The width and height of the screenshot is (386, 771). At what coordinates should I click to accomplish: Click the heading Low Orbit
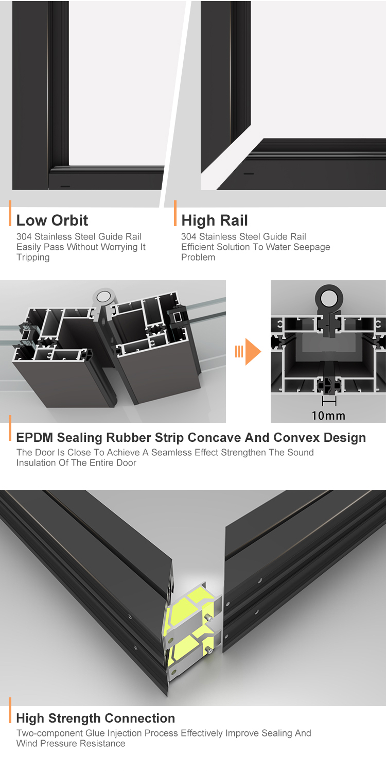pos(52,220)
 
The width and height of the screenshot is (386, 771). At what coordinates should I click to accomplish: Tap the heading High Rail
pos(214,220)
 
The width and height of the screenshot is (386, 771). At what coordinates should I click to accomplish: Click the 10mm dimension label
pos(328,416)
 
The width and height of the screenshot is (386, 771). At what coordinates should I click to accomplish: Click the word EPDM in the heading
pos(35,437)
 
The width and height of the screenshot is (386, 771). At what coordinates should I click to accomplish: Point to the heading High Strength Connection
pos(96,718)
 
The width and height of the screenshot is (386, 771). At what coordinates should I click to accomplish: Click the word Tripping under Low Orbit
pos(33,258)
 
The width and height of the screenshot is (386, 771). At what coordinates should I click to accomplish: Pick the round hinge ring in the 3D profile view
pos(104,296)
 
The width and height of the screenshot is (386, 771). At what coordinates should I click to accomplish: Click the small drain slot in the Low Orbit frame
pos(65,186)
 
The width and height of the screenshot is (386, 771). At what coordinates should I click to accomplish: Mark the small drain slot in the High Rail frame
pos(249,174)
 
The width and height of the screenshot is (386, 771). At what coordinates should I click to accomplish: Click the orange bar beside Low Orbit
pos(10,213)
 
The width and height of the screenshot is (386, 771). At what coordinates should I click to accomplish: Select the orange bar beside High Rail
pos(175,213)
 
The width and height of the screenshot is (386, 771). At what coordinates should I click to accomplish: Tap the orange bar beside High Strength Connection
pos(10,710)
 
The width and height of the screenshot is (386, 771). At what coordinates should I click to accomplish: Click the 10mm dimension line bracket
pos(329,401)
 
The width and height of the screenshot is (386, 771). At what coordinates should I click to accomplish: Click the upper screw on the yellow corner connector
pos(208,618)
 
